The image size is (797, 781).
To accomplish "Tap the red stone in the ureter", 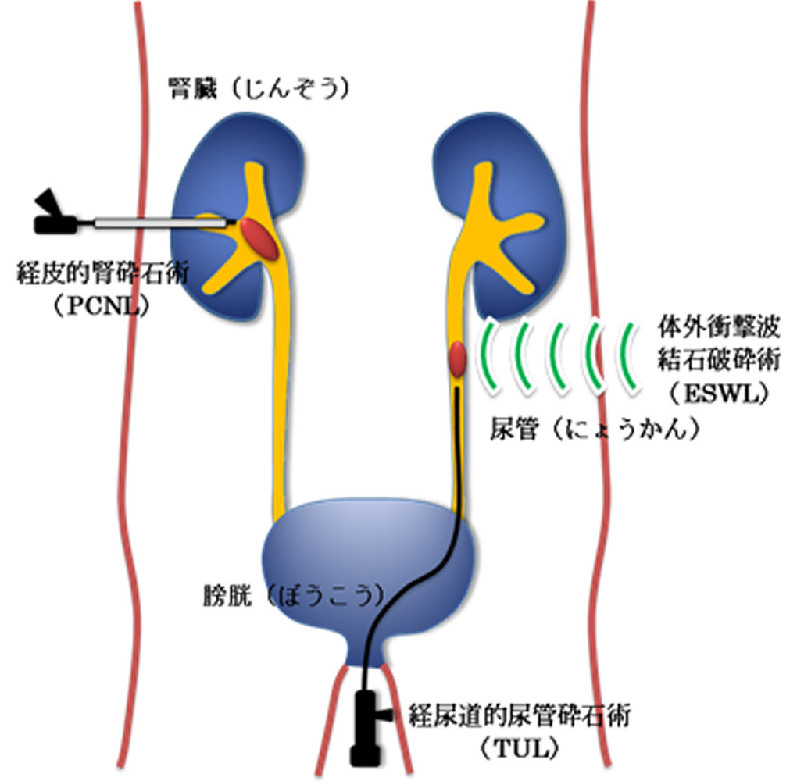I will click(458, 360).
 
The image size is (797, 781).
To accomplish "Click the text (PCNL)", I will click(101, 307).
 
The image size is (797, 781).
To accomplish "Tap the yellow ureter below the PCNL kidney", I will click(282, 390).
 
